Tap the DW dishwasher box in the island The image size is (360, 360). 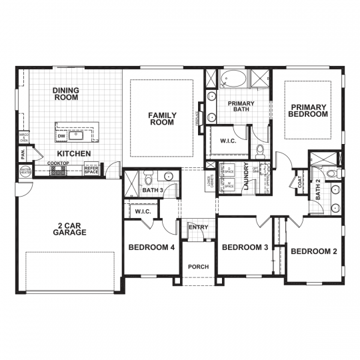(62, 136)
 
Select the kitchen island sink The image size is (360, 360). (77, 135)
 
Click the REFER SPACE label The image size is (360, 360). (91, 170)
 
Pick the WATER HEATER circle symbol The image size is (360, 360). (25, 171)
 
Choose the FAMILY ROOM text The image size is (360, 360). (161, 119)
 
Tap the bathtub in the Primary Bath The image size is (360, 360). (233, 79)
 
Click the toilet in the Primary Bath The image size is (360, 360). (260, 153)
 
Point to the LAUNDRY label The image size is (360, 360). (246, 177)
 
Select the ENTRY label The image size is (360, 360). (198, 227)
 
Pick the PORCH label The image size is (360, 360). (198, 267)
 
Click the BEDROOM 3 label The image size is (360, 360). (245, 247)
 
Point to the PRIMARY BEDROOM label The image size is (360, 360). (308, 111)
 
